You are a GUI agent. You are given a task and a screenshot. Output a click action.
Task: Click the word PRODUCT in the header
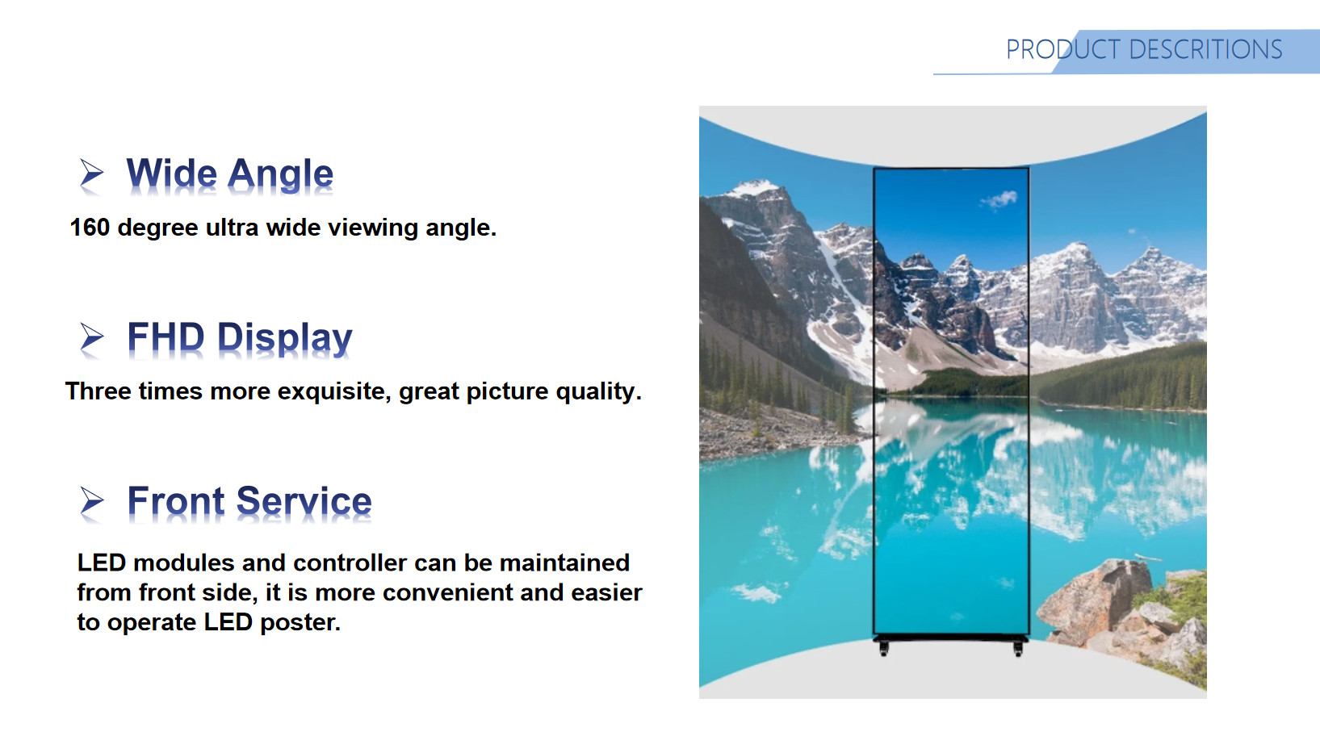pyautogui.click(x=1063, y=49)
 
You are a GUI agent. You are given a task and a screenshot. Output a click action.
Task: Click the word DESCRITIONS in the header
pyautogui.click(x=1205, y=49)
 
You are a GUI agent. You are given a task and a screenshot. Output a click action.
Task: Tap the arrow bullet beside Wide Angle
pyautogui.click(x=92, y=174)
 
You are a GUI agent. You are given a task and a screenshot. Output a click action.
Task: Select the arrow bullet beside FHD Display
pyautogui.click(x=92, y=337)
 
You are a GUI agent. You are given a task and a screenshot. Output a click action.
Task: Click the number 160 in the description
pyautogui.click(x=90, y=228)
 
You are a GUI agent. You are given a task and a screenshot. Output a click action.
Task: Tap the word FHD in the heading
pyautogui.click(x=166, y=337)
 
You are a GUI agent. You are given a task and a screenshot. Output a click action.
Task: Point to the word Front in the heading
pyautogui.click(x=176, y=501)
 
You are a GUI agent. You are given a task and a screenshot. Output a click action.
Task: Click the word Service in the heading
pyautogui.click(x=304, y=501)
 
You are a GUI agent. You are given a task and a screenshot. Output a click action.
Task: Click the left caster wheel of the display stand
pyautogui.click(x=883, y=650)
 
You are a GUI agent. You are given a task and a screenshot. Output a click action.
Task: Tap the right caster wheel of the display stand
pyautogui.click(x=1018, y=650)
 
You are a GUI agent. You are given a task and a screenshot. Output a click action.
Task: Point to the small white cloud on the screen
pyautogui.click(x=999, y=200)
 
